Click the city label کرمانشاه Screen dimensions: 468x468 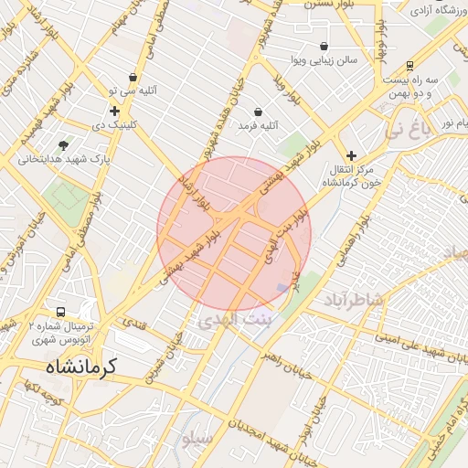[x=81, y=367]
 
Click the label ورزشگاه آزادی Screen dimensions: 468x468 [x=433, y=10]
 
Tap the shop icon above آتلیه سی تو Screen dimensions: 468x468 [x=134, y=78]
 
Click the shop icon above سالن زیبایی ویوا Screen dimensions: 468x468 [x=324, y=47]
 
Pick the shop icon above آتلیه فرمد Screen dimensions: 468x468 [x=259, y=112]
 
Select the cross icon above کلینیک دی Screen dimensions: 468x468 [x=114, y=111]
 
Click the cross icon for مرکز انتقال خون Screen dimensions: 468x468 [x=351, y=156]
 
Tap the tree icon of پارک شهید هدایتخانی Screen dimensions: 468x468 [x=63, y=145]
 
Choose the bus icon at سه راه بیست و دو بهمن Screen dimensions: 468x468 [x=410, y=66]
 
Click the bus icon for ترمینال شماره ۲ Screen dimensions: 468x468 [x=61, y=312]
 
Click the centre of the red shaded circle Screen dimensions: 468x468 [x=234, y=234]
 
